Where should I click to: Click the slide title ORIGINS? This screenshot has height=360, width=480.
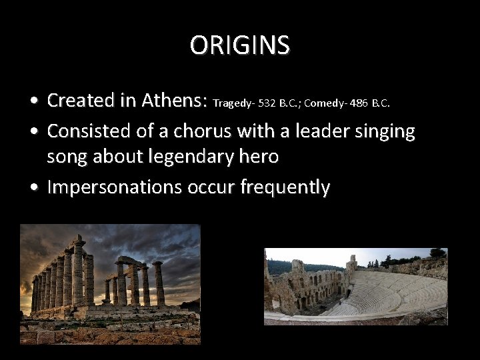coord(240,45)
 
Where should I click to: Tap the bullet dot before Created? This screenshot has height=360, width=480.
coord(33,101)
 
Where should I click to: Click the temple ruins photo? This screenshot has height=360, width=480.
coord(110,284)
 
